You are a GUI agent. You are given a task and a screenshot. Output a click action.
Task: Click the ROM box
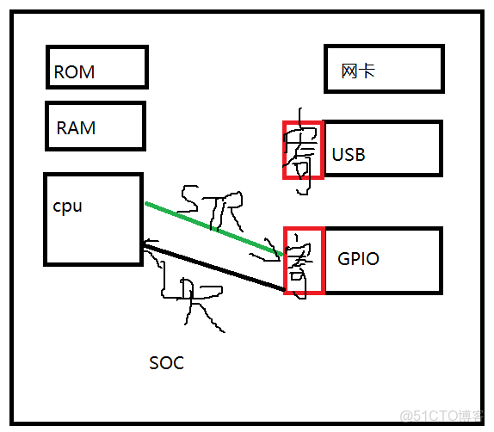tap(96, 68)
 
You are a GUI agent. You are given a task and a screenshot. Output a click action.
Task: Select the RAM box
tap(95, 127)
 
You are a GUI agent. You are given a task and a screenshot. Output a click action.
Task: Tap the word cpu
tap(68, 207)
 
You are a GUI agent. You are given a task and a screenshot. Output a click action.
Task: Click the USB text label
tap(349, 155)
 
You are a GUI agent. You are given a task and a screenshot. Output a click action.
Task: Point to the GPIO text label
tap(358, 258)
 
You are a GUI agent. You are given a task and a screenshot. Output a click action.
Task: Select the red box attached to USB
tap(302, 150)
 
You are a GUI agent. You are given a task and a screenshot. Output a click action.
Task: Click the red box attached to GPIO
tap(303, 261)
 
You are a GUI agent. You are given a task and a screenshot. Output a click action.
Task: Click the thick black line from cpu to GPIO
tap(215, 269)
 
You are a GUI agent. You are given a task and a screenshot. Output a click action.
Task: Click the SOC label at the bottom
tap(166, 363)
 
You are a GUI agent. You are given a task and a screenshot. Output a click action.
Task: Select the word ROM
tap(74, 72)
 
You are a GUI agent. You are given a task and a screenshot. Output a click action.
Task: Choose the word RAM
tap(76, 128)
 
